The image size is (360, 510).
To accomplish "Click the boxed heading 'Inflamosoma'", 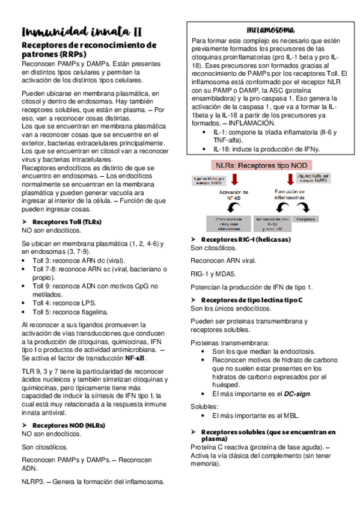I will click(270, 29).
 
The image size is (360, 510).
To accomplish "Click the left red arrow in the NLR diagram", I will click(234, 179).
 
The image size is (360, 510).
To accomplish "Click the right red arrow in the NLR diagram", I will click(289, 179).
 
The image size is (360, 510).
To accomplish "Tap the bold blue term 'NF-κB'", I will click(136, 357).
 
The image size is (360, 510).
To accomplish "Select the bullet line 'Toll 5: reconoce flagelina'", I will click(71, 312).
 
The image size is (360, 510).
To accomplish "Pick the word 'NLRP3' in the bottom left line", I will click(33, 482).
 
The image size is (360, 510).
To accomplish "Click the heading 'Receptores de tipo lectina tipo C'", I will click(251, 299).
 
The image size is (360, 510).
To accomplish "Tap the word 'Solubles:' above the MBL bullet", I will click(205, 406).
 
